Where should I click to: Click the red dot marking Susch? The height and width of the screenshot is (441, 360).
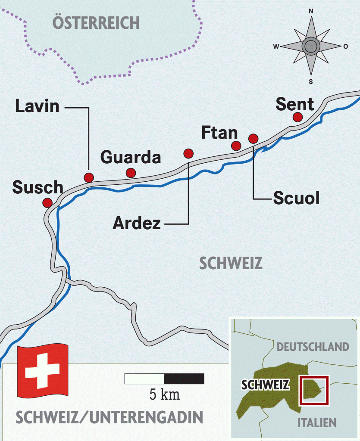pyautogui.click(x=47, y=202)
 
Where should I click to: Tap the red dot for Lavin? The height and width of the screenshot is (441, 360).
pyautogui.click(x=89, y=177)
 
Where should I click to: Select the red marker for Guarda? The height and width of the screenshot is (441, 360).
pyautogui.click(x=131, y=173)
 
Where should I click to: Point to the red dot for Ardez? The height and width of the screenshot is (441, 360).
pyautogui.click(x=188, y=153)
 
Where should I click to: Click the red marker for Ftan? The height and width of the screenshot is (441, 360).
pyautogui.click(x=236, y=146)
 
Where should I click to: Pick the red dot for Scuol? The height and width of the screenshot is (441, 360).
pyautogui.click(x=254, y=138)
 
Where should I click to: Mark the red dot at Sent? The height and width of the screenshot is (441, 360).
pyautogui.click(x=297, y=117)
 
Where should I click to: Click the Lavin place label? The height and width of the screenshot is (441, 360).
pyautogui.click(x=38, y=106)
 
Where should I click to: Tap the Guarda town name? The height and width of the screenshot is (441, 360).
pyautogui.click(x=131, y=158)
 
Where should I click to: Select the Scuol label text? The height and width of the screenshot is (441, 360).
pyautogui.click(x=297, y=198)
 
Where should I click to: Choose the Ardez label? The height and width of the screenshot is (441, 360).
pyautogui.click(x=137, y=224)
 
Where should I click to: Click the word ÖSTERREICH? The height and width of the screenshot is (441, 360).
pyautogui.click(x=96, y=22)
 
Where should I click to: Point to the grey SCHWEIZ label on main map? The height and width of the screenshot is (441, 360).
pyautogui.click(x=231, y=263)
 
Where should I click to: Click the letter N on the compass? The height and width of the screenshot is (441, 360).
pyautogui.click(x=311, y=12)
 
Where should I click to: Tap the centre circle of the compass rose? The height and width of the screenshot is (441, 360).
pyautogui.click(x=310, y=46)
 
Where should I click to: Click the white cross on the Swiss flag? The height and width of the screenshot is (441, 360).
pyautogui.click(x=42, y=370)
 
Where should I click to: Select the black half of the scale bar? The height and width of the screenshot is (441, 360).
pyautogui.click(x=184, y=379)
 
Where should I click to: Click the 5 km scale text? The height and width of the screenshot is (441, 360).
pyautogui.click(x=165, y=394)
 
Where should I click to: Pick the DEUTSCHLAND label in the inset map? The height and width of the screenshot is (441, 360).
pyautogui.click(x=313, y=347)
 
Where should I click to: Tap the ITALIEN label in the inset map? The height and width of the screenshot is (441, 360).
pyautogui.click(x=317, y=422)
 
